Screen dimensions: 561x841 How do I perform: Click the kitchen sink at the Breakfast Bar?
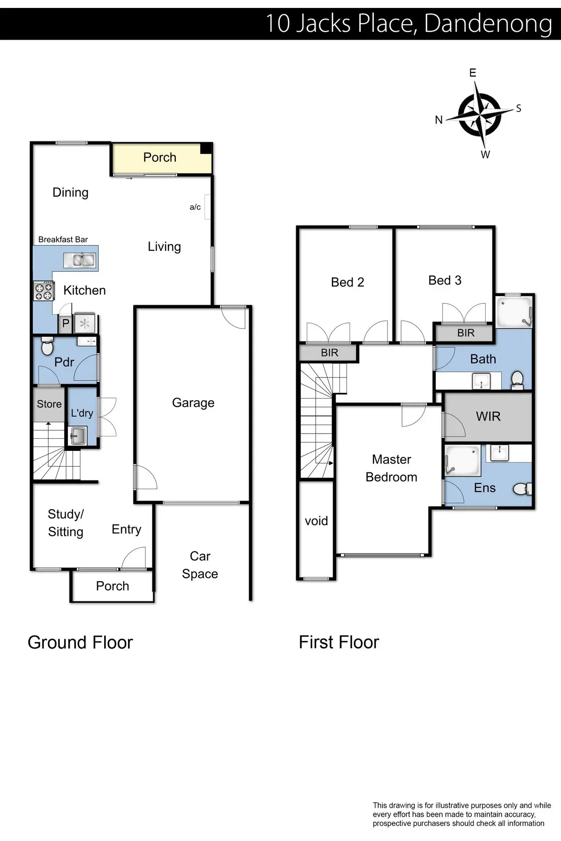tap(79, 260)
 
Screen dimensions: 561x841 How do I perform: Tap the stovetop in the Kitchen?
tap(43, 291)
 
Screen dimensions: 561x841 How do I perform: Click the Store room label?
tap(49, 404)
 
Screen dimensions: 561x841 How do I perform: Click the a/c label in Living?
tap(195, 207)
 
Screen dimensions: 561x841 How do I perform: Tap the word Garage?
tap(193, 403)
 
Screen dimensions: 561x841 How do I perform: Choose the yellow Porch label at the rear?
tap(159, 157)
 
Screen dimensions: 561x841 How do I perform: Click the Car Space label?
tap(200, 565)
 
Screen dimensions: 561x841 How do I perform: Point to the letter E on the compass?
tap(473, 73)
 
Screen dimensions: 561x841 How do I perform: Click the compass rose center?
tap(480, 114)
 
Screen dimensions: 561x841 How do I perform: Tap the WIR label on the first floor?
tap(488, 416)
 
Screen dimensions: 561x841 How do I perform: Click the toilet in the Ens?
tap(523, 489)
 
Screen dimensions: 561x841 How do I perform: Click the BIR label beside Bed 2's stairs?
tap(329, 353)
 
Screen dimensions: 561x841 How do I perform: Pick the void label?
tap(316, 521)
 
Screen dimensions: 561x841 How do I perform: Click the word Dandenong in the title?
tap(488, 23)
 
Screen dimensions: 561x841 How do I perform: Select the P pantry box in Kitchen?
tap(65, 323)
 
